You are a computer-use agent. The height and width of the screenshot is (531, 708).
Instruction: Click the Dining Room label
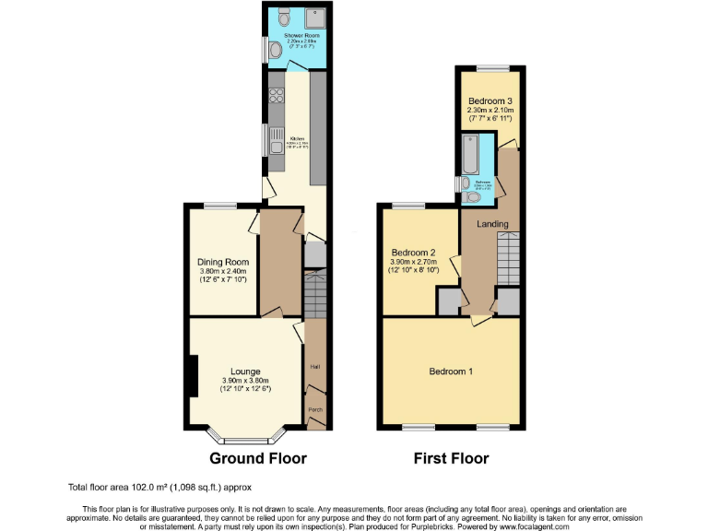coord(223,262)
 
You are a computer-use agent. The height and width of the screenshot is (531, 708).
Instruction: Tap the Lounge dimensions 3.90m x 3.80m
coord(245,382)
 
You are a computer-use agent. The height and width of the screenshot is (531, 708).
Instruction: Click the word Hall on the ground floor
coord(314,367)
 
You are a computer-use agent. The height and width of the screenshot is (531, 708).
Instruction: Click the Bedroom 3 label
coord(490,100)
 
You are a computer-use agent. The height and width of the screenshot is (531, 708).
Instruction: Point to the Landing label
coord(491,224)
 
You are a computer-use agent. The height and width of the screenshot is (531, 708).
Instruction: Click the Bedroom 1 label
coord(451,372)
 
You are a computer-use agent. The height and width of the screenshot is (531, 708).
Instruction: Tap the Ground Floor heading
coord(258,458)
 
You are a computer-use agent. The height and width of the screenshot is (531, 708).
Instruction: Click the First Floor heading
coord(451,458)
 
